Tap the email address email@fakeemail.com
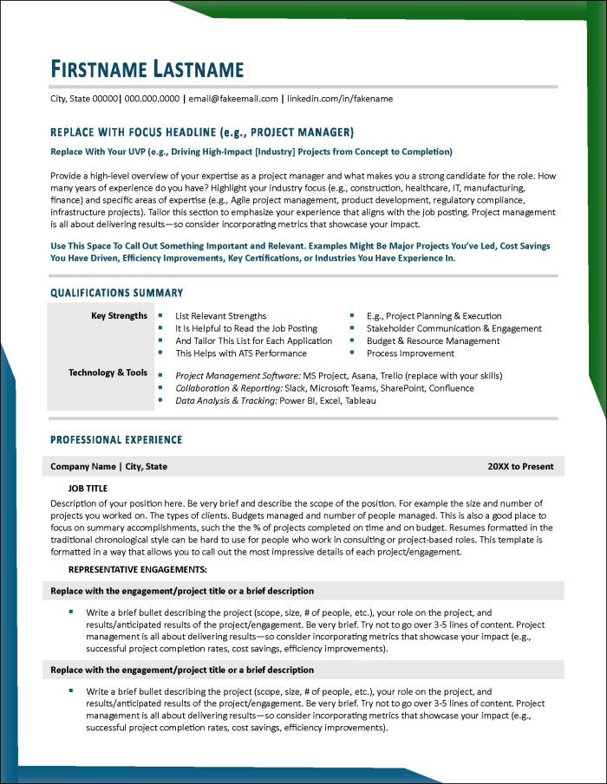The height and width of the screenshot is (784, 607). pos(233,99)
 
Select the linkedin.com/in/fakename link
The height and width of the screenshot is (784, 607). pos(340,99)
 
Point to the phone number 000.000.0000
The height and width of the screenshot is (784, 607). pos(152,99)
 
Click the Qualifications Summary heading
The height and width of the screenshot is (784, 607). pos(116,293)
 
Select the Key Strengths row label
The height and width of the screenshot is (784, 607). pos(119,316)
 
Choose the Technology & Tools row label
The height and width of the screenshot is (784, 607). pos(108,373)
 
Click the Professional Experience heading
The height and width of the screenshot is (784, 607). pos(116,440)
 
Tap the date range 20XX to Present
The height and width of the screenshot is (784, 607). pos(520,466)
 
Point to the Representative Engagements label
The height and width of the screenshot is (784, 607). pos(137,569)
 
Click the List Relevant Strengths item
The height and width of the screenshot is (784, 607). pos(220,316)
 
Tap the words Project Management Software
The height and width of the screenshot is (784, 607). pos(237,376)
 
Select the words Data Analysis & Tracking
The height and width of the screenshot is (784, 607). pos(225,401)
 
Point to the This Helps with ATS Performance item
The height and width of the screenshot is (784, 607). pos(241,353)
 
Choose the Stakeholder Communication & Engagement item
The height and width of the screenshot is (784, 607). pos(454,329)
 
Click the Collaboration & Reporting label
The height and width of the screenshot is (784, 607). pos(227,389)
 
